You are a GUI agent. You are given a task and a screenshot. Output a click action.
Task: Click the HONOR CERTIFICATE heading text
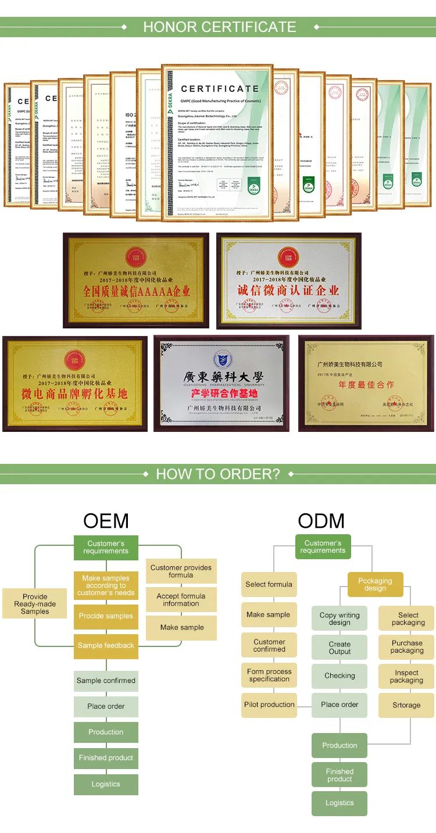pyautogui.click(x=219, y=27)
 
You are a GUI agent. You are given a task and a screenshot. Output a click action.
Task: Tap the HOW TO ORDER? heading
pyautogui.click(x=218, y=474)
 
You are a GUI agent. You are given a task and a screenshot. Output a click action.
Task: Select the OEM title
pyautogui.click(x=106, y=520)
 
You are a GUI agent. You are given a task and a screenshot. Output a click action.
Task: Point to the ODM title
pyautogui.click(x=321, y=520)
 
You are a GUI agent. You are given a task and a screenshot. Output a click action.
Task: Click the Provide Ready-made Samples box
pyautogui.click(x=35, y=604)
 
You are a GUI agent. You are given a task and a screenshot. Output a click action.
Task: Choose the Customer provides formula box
pyautogui.click(x=181, y=571)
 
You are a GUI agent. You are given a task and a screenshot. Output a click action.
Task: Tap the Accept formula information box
pyautogui.click(x=181, y=600)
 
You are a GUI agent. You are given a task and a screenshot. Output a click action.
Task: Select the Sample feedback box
pyautogui.click(x=106, y=645)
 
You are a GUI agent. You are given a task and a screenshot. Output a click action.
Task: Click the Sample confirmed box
pyautogui.click(x=106, y=680)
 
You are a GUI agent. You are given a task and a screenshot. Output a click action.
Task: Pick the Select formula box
pyautogui.click(x=269, y=584)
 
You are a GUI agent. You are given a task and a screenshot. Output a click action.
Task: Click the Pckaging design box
pyautogui.click(x=375, y=584)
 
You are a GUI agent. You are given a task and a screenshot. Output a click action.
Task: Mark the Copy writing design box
pyautogui.click(x=339, y=619)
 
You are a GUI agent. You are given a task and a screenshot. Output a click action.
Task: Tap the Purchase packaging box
pyautogui.click(x=407, y=647)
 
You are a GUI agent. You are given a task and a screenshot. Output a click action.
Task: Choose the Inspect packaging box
pyautogui.click(x=406, y=677)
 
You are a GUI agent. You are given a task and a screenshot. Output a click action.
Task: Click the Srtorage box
pyautogui.click(x=406, y=705)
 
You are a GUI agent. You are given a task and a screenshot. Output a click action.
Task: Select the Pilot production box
pyautogui.click(x=269, y=705)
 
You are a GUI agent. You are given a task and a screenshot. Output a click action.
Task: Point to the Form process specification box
pyautogui.click(x=269, y=675)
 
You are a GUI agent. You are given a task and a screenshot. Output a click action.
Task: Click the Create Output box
pyautogui.click(x=339, y=648)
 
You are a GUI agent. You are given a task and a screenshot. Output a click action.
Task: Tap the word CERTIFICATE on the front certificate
pyautogui.click(x=220, y=89)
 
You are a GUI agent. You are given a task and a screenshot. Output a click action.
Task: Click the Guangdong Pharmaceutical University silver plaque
pyautogui.click(x=221, y=383)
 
